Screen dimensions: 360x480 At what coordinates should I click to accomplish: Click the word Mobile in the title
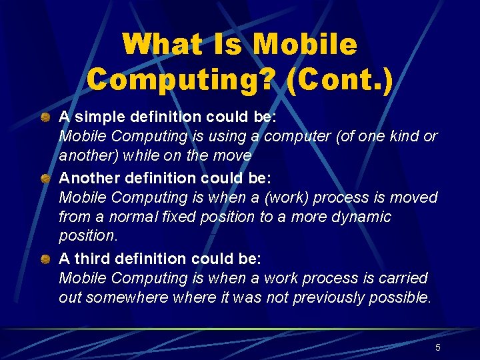(305, 45)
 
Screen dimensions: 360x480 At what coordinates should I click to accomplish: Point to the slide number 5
(437, 347)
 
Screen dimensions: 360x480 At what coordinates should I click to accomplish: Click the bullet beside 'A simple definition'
(45, 117)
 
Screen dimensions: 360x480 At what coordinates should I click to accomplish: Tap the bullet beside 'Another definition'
(45, 179)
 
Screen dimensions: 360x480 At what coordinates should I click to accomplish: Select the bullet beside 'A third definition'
(45, 259)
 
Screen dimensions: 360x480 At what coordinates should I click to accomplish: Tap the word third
(91, 258)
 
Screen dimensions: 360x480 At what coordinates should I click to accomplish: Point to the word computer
(297, 136)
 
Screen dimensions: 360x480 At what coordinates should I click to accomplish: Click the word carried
(404, 277)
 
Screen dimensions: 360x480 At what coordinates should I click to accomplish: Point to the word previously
(327, 297)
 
